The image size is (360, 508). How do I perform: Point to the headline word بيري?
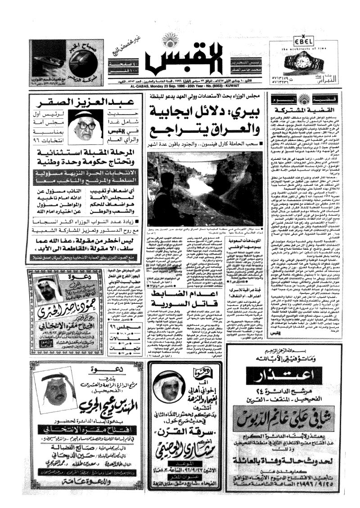click(250, 111)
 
